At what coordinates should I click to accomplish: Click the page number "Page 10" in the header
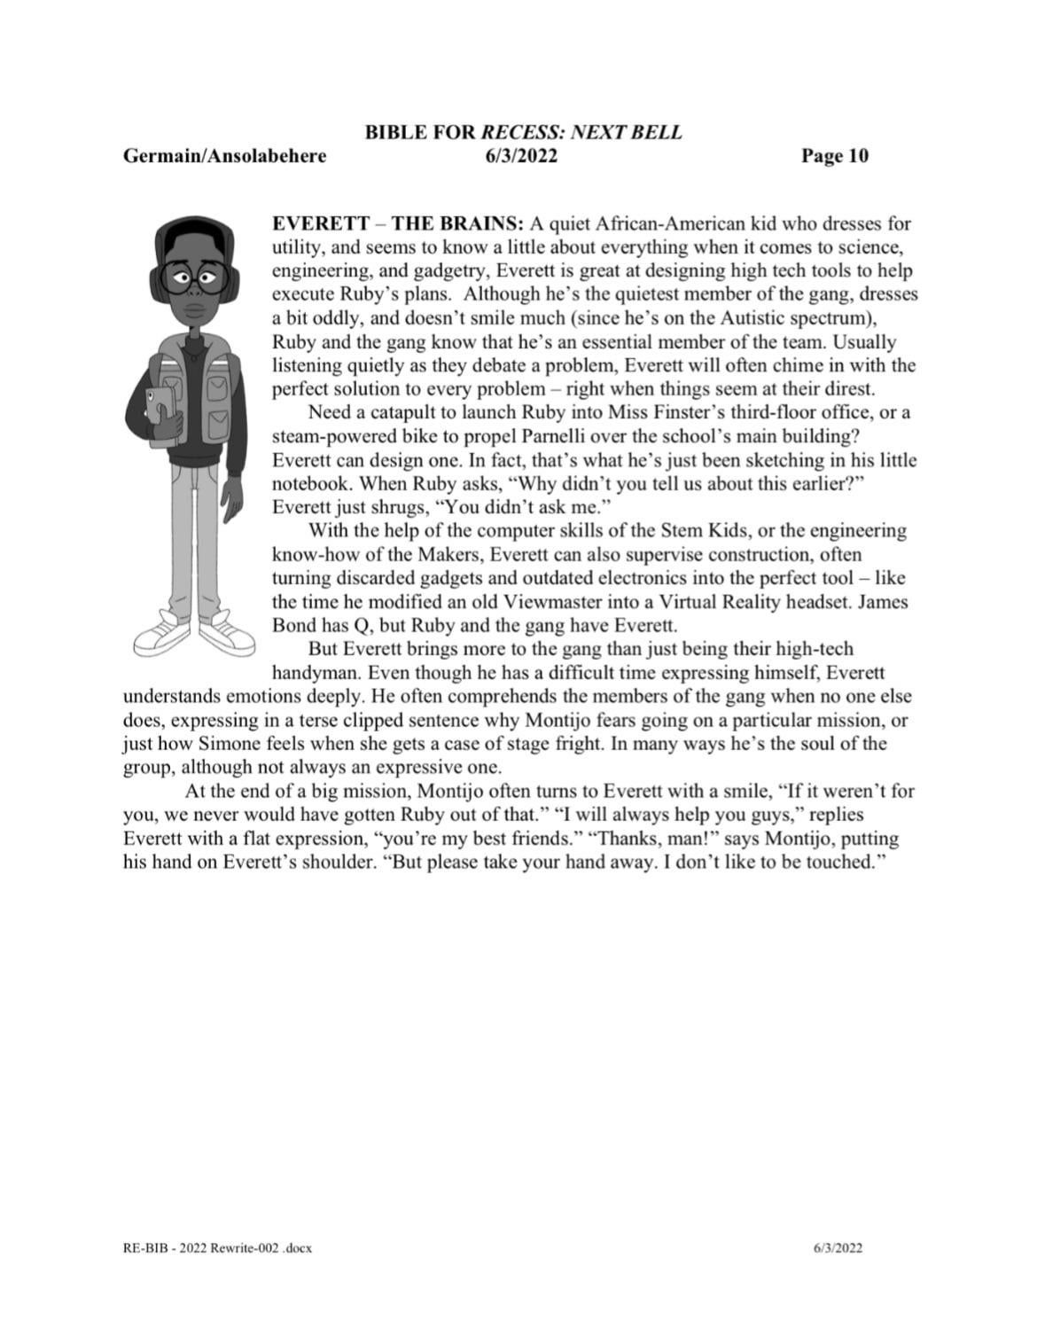[834, 156]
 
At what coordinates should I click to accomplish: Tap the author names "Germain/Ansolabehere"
[224, 156]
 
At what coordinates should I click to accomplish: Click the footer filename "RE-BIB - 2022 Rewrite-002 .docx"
[217, 1247]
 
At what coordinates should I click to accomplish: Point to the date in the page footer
[838, 1247]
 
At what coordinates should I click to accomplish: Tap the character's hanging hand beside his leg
[232, 502]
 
